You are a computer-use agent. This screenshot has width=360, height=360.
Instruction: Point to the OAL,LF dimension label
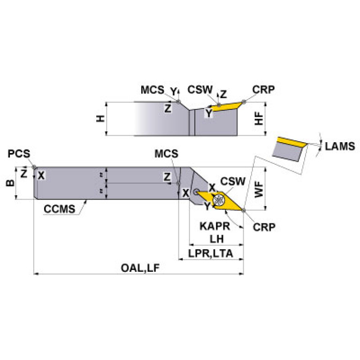(140, 268)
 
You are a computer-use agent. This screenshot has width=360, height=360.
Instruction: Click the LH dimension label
(216, 239)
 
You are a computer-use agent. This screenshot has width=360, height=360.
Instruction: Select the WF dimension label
(259, 189)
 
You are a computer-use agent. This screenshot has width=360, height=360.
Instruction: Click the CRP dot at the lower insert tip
(244, 210)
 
